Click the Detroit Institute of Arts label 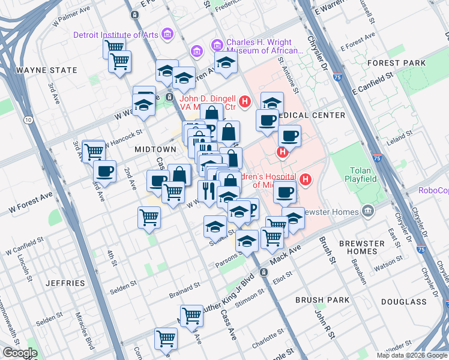coord(116,35)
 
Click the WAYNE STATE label coord(47,70)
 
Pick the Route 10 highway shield coord(28,121)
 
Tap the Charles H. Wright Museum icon coord(216,45)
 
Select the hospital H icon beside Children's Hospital coord(306,179)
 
